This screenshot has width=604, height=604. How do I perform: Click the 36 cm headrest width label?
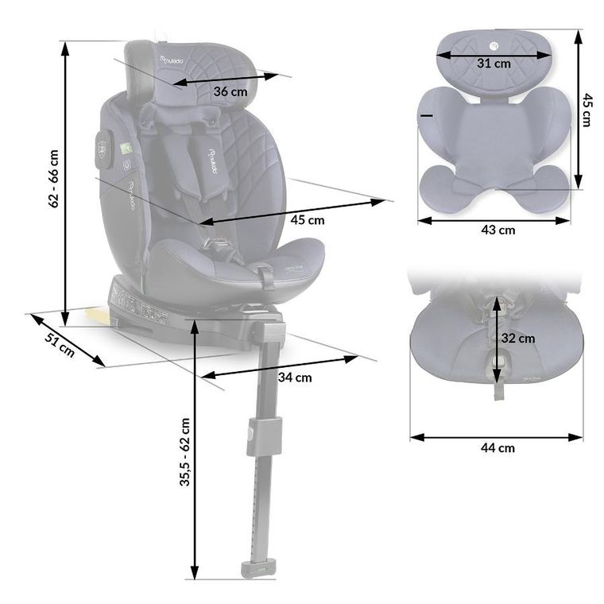pos(230,92)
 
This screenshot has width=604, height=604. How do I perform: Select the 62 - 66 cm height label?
pos(54,179)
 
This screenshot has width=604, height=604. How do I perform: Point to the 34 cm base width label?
pos(294,377)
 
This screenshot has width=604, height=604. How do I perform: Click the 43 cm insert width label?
pos(498,230)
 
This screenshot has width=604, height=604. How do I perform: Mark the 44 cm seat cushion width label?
pos(498,447)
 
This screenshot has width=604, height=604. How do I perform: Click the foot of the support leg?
pos(256,569)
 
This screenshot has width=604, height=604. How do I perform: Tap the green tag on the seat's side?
pos(125,149)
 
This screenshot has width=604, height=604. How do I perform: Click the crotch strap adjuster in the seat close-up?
pos(499,362)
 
